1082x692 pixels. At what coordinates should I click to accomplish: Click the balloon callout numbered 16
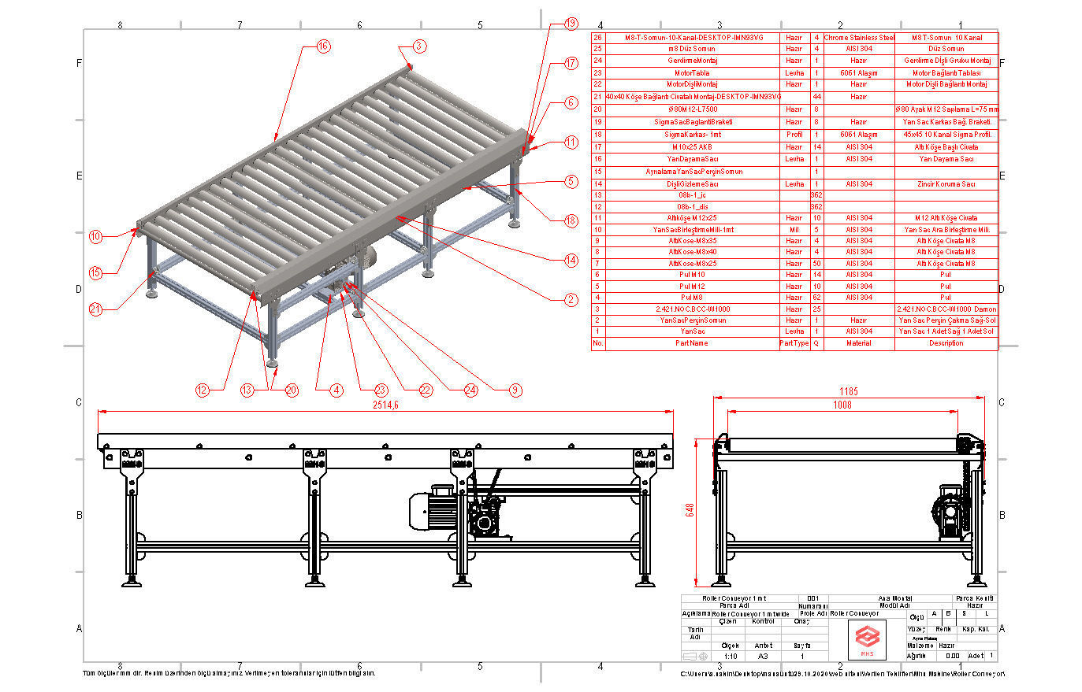[323, 46]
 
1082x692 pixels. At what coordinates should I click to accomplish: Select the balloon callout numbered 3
[418, 46]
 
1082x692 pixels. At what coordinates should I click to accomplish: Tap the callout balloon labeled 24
[470, 390]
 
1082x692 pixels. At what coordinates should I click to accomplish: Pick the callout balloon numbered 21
[95, 309]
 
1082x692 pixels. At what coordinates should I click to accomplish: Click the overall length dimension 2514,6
[385, 405]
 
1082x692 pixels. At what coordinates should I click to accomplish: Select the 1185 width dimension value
[848, 391]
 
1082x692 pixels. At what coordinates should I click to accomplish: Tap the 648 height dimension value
[690, 509]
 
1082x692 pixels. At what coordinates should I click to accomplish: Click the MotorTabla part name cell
[692, 72]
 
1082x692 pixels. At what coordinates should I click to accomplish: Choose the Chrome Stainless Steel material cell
[858, 37]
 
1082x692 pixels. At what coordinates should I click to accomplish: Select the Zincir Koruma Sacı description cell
[946, 183]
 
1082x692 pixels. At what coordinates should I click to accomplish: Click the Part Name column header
[692, 343]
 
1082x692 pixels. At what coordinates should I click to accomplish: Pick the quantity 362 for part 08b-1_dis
[816, 206]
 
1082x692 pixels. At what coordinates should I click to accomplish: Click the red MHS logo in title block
[866, 638]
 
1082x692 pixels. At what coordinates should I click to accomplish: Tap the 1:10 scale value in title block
[731, 656]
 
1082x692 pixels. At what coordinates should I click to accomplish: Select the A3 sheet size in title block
[763, 656]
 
